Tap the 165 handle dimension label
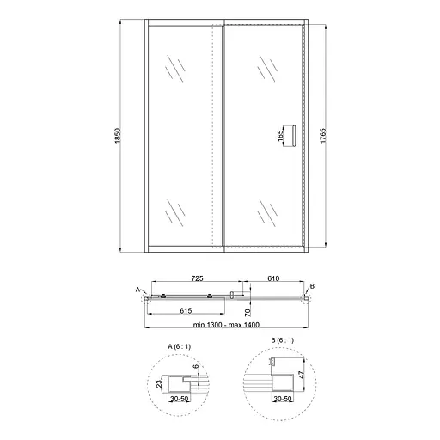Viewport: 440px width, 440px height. coord(280,137)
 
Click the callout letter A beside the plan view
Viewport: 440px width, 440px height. coord(137,290)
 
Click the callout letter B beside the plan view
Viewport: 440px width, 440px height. coord(312,285)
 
